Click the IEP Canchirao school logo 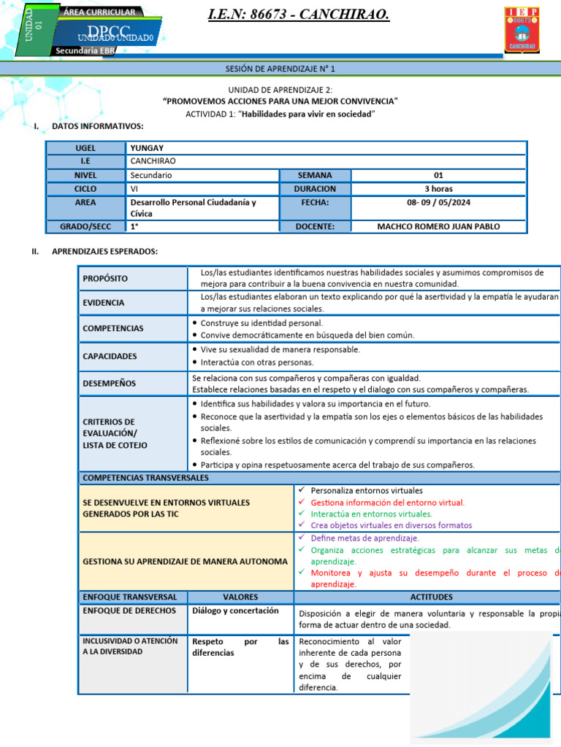(x=522, y=30)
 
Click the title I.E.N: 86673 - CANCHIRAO (x=299, y=15)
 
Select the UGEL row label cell (x=85, y=148)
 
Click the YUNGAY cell (x=147, y=148)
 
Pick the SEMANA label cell (x=315, y=175)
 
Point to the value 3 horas (x=438, y=188)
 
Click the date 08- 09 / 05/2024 (x=438, y=202)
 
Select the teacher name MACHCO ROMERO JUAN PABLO (x=438, y=226)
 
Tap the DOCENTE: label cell (x=315, y=226)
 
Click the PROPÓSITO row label (x=105, y=278)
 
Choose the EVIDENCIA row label (x=104, y=302)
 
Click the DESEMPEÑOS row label (x=110, y=383)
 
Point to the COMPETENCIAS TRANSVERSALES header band (x=146, y=478)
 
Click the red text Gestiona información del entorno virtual (x=387, y=502)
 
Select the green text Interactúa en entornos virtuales (x=371, y=514)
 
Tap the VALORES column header (x=240, y=597)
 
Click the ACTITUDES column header (x=431, y=597)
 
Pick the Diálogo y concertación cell (x=235, y=611)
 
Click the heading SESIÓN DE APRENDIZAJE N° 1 (x=280, y=69)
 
